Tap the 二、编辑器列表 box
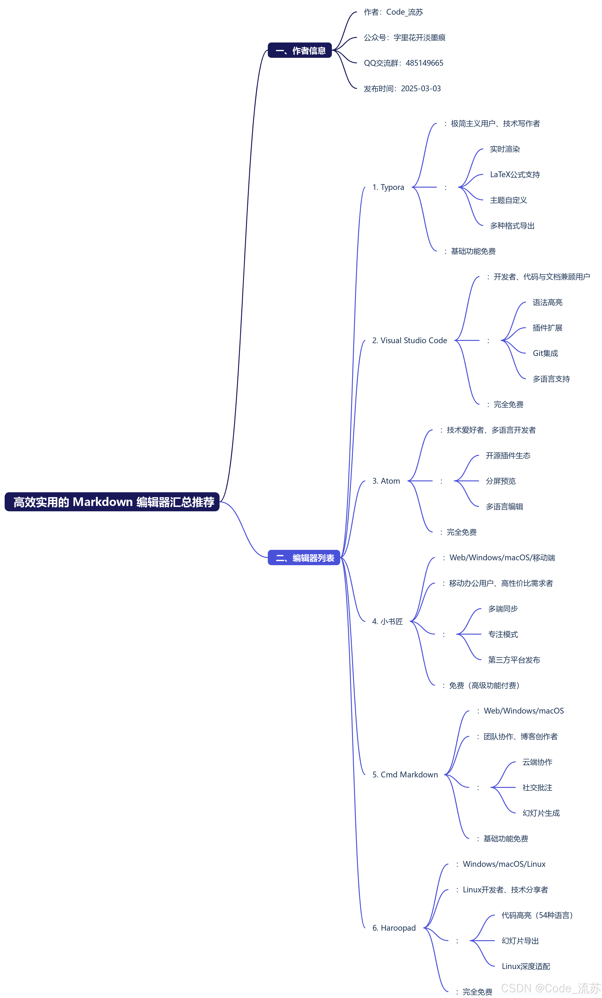[304, 558]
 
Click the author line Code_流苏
[393, 12]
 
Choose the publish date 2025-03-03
[421, 89]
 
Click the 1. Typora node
[388, 187]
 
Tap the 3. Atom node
[386, 481]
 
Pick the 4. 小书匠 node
[387, 621]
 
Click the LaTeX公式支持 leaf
[515, 175]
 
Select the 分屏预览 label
[500, 481]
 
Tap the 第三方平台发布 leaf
[514, 660]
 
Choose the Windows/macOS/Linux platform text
[504, 864]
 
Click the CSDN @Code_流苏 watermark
[550, 988]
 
